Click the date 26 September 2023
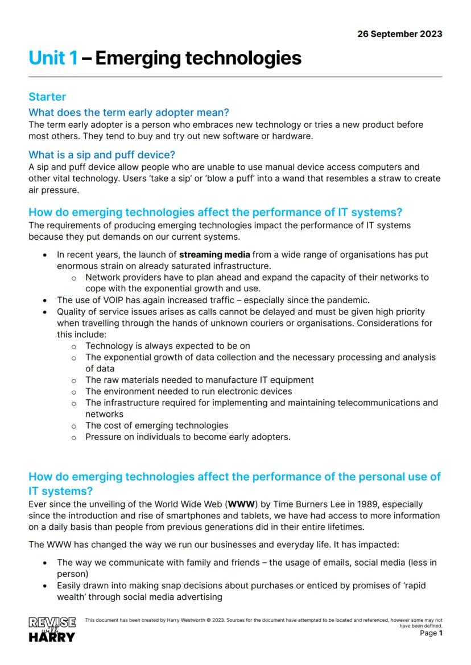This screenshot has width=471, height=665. (x=399, y=34)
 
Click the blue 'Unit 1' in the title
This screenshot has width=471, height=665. (x=53, y=58)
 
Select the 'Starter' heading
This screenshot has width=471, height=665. (x=47, y=97)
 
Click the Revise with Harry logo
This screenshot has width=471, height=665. (x=52, y=629)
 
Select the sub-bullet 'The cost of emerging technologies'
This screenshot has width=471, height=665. (x=156, y=425)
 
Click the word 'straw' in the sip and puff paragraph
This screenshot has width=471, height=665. (x=356, y=178)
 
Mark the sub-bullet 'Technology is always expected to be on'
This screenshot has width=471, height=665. (x=167, y=346)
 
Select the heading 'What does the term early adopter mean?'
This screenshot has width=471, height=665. (x=129, y=112)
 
